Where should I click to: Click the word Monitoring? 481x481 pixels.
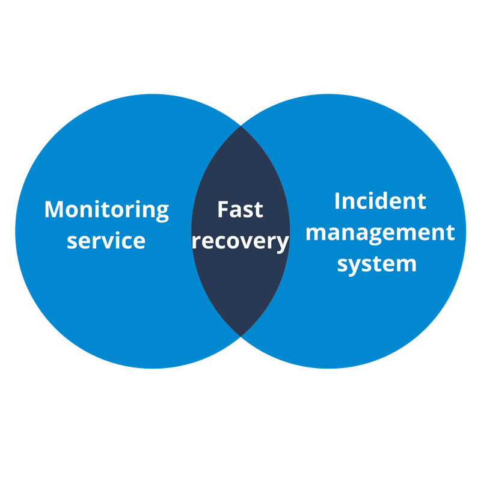(x=106, y=210)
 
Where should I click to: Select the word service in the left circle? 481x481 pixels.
(x=106, y=240)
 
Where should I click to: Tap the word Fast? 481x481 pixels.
(x=240, y=210)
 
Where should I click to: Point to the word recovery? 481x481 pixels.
(x=240, y=241)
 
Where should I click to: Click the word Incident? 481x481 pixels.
(x=380, y=201)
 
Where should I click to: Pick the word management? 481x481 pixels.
(x=380, y=233)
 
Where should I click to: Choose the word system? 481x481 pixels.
(x=377, y=263)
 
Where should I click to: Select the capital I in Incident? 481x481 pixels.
(x=337, y=201)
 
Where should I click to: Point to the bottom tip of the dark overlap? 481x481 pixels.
(x=240, y=335)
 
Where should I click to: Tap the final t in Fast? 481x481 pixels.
(x=259, y=210)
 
